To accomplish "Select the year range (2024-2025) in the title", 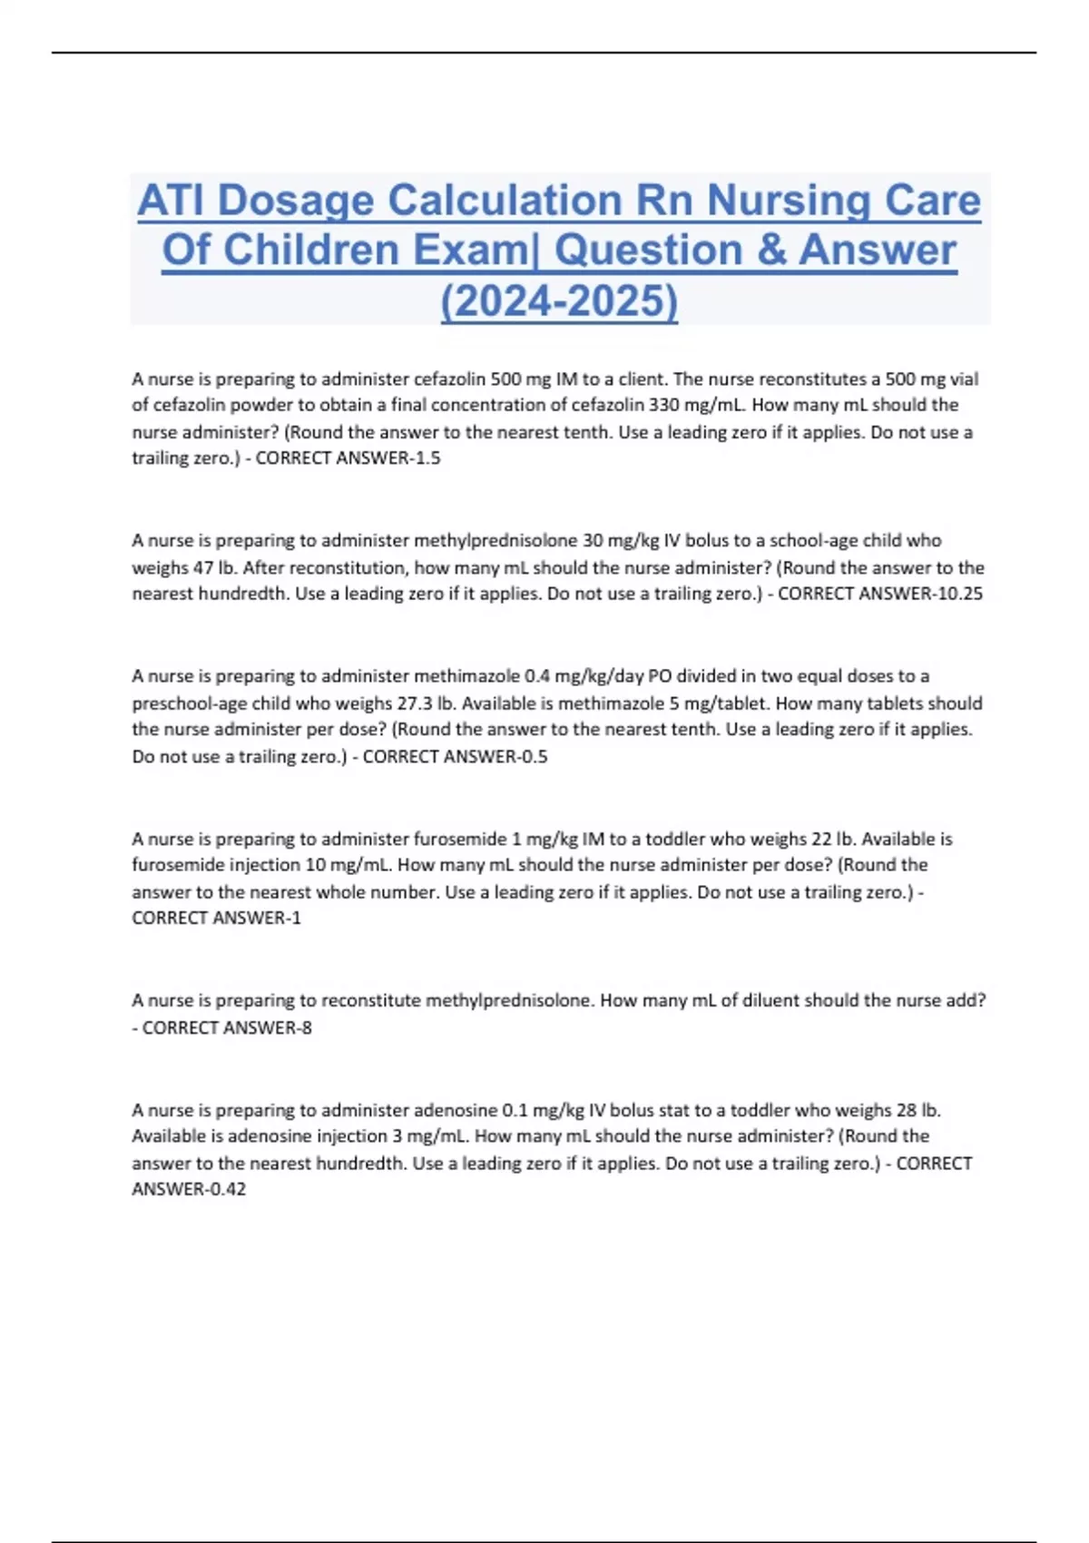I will [x=559, y=301].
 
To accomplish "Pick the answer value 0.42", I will [x=228, y=1189].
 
